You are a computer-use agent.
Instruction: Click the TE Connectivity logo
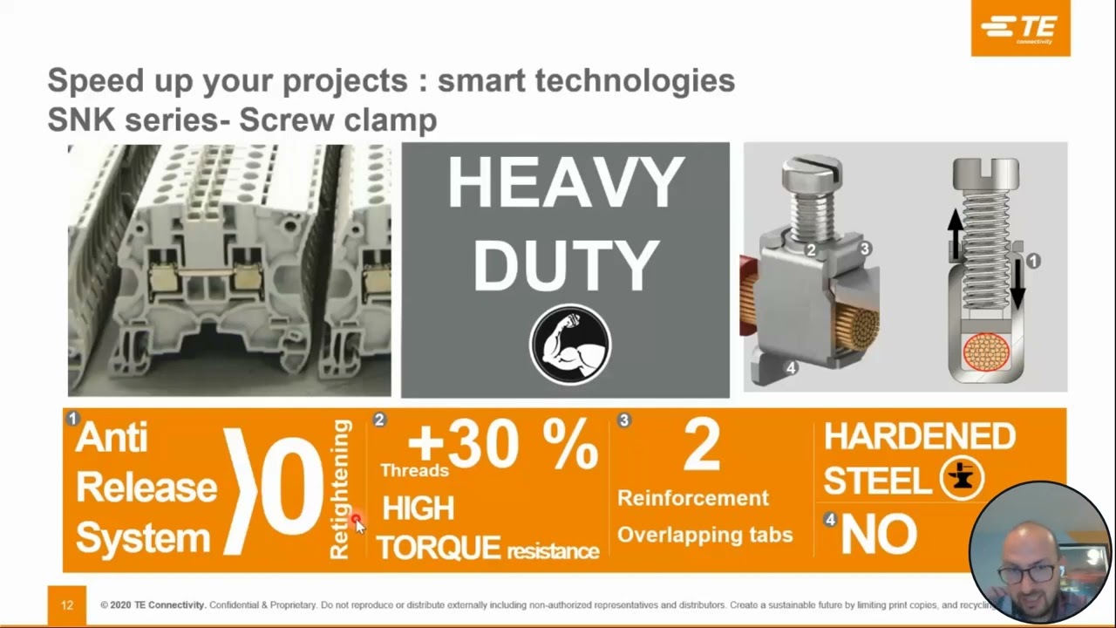[x=1020, y=29]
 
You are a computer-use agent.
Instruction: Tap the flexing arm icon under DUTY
[x=570, y=345]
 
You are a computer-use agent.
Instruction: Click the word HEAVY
[x=565, y=185]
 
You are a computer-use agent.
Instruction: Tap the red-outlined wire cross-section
[x=986, y=352]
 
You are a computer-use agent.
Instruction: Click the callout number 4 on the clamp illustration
[x=791, y=368]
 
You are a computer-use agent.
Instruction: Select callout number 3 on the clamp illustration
[x=865, y=249]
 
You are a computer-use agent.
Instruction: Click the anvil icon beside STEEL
[x=962, y=478]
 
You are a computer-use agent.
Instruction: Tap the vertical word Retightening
[x=339, y=488]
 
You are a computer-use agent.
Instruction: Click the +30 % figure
[x=502, y=444]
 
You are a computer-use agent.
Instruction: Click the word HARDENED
[x=919, y=436]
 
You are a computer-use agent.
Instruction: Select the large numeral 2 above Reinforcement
[x=701, y=446]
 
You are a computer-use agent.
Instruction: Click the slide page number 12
[x=67, y=605]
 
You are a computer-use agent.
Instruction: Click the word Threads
[x=414, y=471]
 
